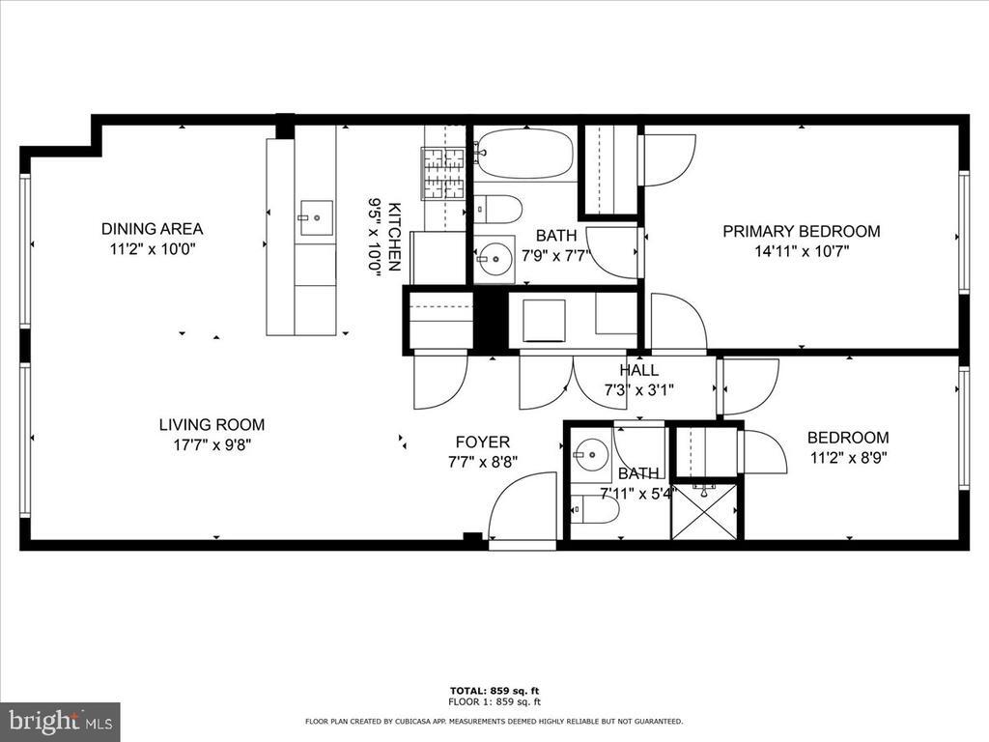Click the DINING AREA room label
pos(152,229)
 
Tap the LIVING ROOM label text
pos(212,424)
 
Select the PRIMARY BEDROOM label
pos(802,231)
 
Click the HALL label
pos(638,370)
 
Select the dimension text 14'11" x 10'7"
pos(802,252)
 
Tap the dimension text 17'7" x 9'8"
pos(212,445)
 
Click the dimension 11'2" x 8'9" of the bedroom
pos(848,458)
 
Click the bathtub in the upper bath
pos(524,154)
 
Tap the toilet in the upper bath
pos(498,209)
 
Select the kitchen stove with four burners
pos(443,173)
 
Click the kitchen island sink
pos(315,218)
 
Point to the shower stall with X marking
pos(704,511)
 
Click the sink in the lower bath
pos(590,453)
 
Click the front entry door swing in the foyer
pos(523,508)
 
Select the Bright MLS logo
pos(60,721)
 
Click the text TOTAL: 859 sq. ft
pos(494,690)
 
